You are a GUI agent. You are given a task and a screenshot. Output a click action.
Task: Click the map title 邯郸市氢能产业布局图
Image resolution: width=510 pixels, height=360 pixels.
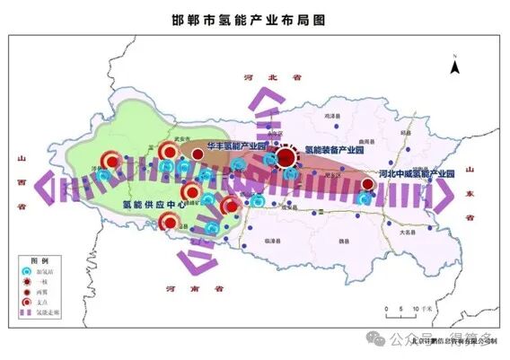click(253, 18)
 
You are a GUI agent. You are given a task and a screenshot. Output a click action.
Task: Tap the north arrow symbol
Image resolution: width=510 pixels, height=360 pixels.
click(455, 64)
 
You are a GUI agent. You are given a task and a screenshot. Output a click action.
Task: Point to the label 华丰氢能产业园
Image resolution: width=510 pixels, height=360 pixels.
click(236, 145)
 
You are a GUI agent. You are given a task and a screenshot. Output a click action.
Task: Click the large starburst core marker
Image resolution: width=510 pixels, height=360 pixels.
click(286, 158)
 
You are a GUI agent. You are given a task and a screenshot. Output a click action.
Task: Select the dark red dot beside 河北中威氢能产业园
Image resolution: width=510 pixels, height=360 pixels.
click(368, 184)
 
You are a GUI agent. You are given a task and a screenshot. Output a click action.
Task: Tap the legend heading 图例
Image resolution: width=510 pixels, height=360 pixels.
click(40, 258)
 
